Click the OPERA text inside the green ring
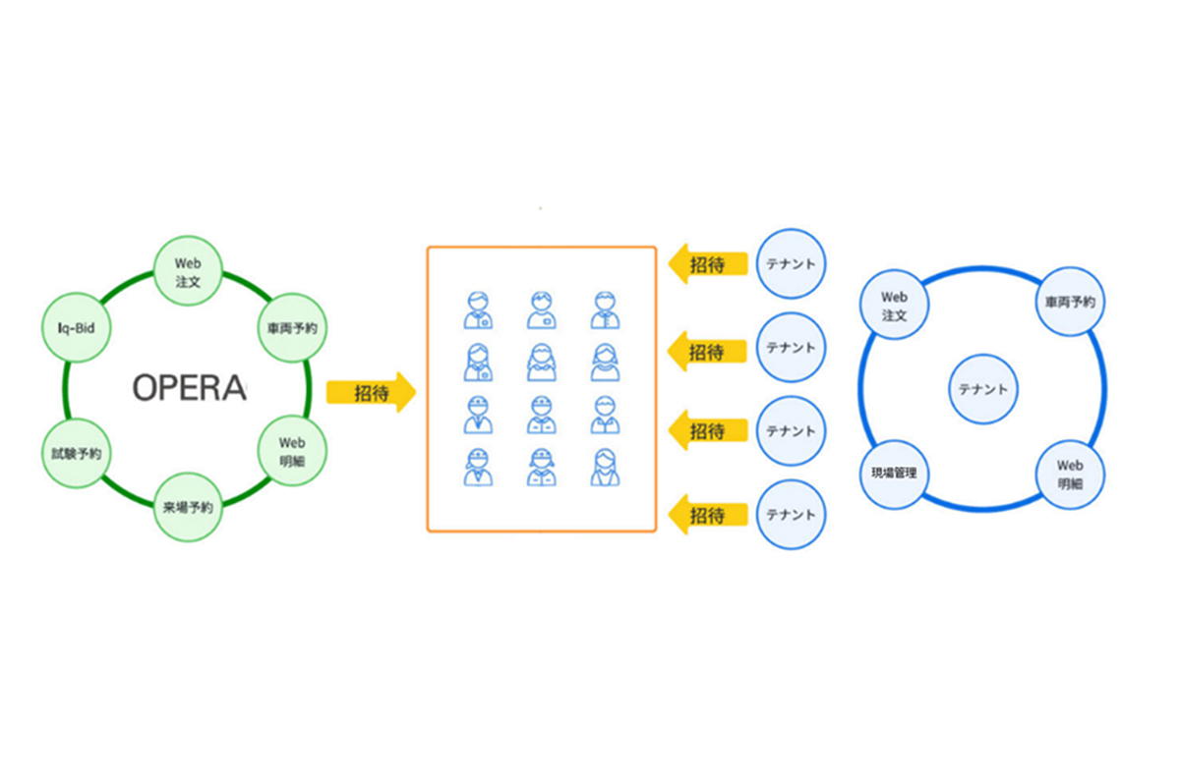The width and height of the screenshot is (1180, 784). point(190,388)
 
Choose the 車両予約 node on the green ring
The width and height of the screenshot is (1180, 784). point(291,326)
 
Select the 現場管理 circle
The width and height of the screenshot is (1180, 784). point(894,473)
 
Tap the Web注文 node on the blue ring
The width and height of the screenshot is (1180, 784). point(894,304)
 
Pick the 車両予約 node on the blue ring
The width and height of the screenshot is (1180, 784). point(1071,304)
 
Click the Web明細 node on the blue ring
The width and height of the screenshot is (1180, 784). point(1071,473)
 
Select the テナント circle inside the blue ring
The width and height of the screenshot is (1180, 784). point(983,389)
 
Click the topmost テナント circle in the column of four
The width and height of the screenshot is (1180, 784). point(791,264)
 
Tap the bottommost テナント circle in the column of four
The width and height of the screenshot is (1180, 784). point(791,515)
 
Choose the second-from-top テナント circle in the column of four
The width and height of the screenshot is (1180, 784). point(791,348)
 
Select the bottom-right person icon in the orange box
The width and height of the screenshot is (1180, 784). point(605,467)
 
